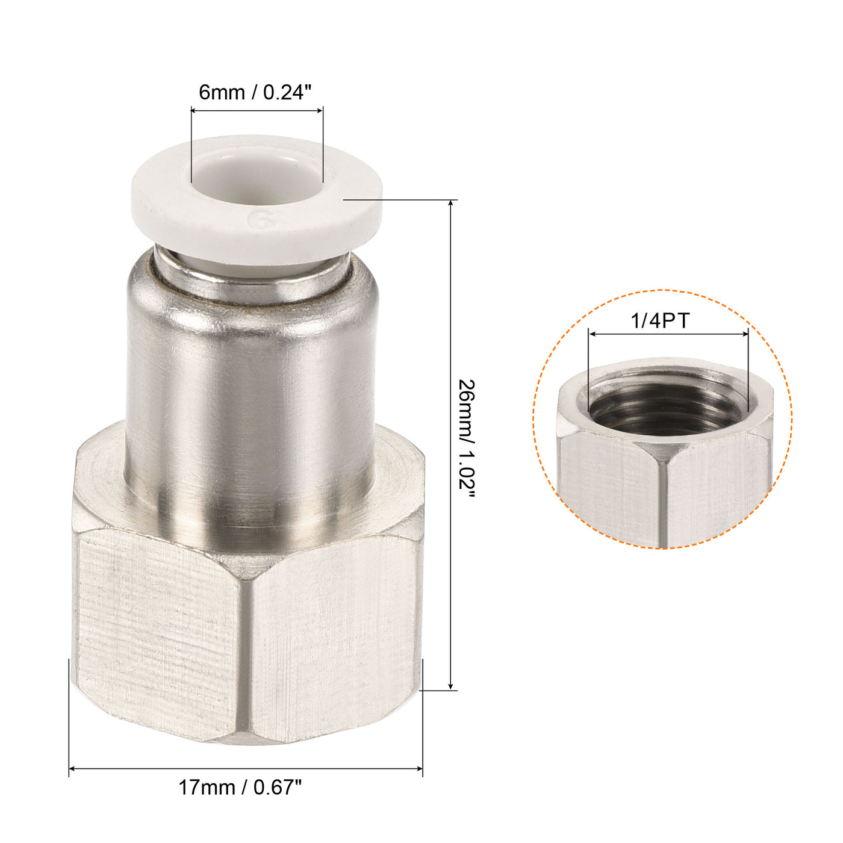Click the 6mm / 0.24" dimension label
pos(256,93)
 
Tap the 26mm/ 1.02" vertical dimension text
pos(467,438)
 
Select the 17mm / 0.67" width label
pos(240,787)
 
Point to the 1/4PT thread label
pos(660,320)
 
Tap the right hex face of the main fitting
pos(334,632)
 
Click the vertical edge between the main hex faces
pos(244,650)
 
